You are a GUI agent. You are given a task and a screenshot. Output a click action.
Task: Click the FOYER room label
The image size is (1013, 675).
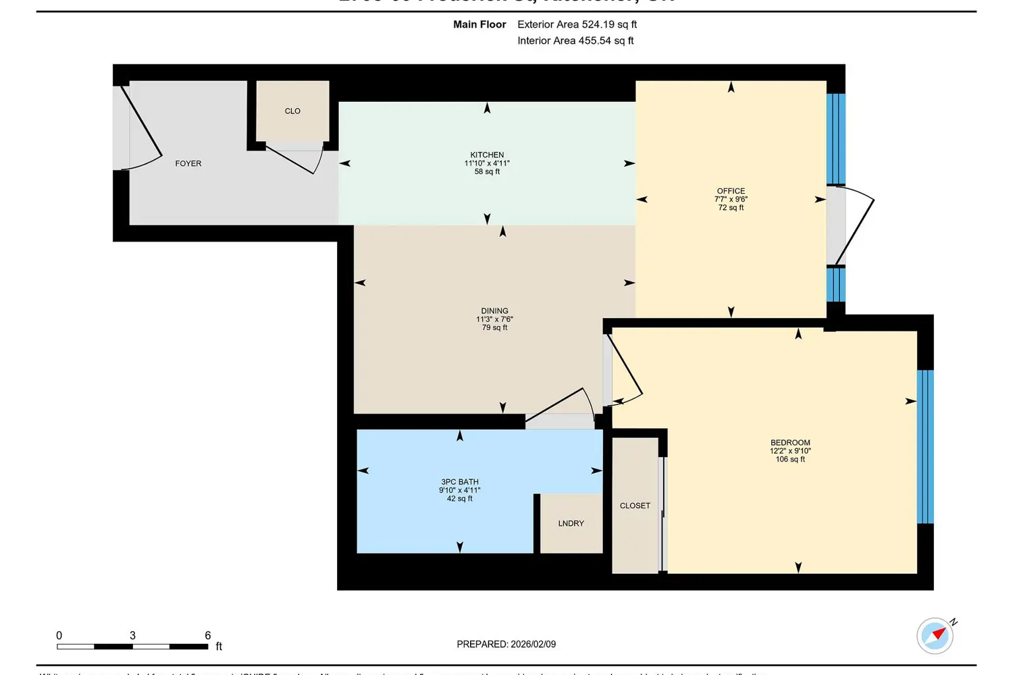(x=188, y=163)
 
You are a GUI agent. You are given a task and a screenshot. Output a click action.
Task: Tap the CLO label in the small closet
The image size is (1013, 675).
(x=292, y=111)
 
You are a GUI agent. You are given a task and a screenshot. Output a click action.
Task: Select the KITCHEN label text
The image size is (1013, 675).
(x=487, y=155)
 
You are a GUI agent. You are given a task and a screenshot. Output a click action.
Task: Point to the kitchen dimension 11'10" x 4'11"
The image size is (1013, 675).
(x=487, y=163)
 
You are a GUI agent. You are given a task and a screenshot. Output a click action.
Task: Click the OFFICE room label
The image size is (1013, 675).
(x=731, y=191)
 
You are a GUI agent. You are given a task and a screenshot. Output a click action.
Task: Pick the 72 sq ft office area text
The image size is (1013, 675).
(x=731, y=208)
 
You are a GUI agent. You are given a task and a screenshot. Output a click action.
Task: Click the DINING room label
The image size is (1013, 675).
(x=494, y=311)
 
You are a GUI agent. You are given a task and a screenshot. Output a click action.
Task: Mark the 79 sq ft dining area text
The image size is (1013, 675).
(x=494, y=328)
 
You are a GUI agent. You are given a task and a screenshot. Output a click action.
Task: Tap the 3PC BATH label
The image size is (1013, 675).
(x=459, y=482)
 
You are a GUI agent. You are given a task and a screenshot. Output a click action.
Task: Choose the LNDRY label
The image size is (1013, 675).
(x=571, y=524)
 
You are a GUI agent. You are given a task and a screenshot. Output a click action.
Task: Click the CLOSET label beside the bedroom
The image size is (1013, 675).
(x=635, y=506)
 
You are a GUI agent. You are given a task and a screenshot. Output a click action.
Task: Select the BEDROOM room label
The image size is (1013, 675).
(x=790, y=443)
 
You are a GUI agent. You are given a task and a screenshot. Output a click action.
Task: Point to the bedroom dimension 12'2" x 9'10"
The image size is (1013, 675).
(x=790, y=451)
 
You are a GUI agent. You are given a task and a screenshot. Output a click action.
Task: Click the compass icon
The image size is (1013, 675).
(x=935, y=635)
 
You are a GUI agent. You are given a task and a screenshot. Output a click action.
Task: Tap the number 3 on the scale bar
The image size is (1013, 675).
(x=132, y=635)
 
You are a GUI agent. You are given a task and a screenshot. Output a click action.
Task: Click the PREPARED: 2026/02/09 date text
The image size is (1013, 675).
(x=506, y=645)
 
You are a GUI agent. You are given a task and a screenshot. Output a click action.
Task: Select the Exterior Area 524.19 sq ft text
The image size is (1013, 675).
(x=577, y=24)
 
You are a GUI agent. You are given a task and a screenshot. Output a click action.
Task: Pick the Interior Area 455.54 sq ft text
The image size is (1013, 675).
(x=575, y=40)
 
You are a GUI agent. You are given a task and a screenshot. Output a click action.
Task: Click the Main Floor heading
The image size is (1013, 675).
(x=479, y=24)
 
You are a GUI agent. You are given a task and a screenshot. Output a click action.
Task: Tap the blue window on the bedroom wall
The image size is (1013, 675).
(x=925, y=446)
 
